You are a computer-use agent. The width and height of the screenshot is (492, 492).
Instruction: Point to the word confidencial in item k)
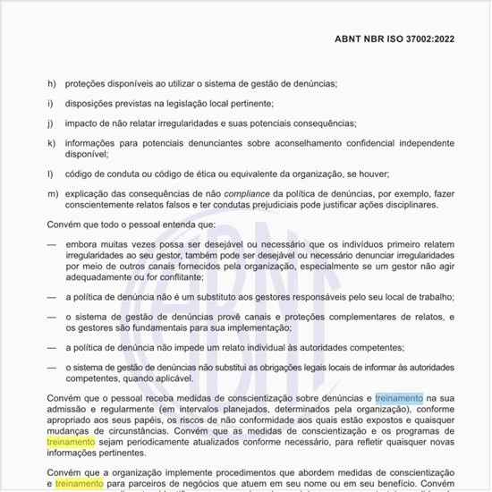pyautogui.click(x=351, y=142)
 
